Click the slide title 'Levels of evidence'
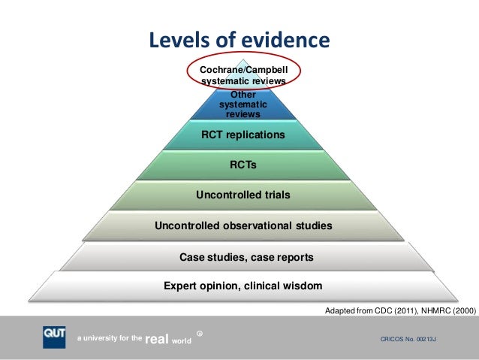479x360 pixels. [238, 40]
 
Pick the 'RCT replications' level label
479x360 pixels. [243, 135]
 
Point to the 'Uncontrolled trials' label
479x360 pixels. [243, 195]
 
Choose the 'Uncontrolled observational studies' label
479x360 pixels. [243, 225]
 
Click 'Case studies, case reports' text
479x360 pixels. [246, 258]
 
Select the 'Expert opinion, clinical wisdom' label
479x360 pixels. [243, 286]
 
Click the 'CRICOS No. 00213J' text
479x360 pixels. [409, 340]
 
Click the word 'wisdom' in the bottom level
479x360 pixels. [303, 286]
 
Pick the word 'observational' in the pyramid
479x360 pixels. [258, 225]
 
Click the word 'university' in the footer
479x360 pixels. [104, 340]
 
